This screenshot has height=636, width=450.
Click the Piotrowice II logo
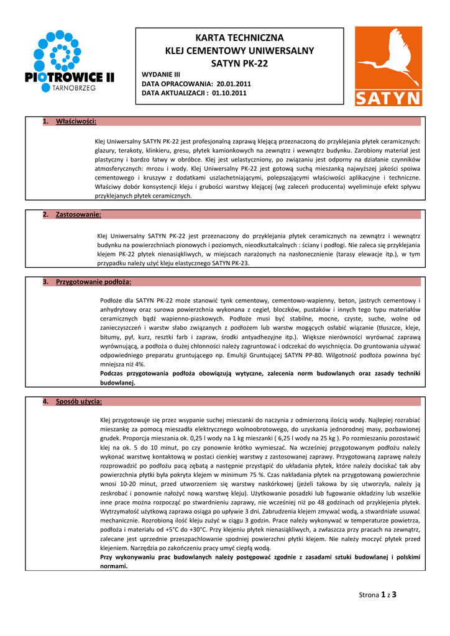tap(70, 61)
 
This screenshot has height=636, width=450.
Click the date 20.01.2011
tap(235, 83)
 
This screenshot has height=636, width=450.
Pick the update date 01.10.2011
tap(229, 93)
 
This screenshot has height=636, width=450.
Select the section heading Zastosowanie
tap(78, 214)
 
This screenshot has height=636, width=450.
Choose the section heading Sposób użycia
tap(79, 401)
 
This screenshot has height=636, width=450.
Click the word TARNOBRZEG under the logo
tap(70, 88)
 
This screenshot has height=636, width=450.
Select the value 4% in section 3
tap(138, 365)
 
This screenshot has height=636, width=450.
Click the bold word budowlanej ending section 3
tap(117, 383)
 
